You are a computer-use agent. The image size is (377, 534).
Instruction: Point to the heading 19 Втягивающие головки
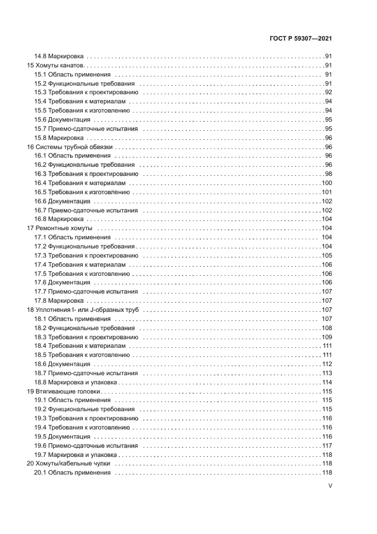click(x=63, y=391)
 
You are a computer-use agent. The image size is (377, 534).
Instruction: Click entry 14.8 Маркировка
click(x=59, y=57)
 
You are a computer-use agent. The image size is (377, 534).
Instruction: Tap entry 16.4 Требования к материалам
click(x=79, y=183)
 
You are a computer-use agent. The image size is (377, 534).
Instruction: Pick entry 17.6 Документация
click(x=62, y=283)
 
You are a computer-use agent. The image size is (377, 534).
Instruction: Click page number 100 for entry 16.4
click(x=327, y=183)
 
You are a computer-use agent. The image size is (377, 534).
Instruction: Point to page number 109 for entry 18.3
click(x=327, y=337)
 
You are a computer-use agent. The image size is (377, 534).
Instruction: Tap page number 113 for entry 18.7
click(x=327, y=373)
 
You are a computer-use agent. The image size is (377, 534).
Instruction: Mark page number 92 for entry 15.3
click(x=329, y=93)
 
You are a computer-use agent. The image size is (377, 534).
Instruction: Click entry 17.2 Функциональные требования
click(x=84, y=246)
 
